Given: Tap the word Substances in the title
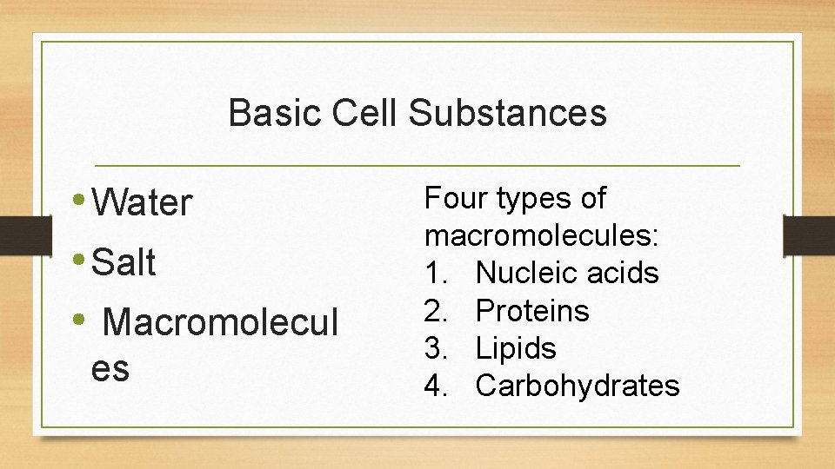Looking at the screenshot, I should pyautogui.click(x=508, y=114).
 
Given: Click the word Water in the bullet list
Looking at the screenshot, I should pyautogui.click(x=141, y=203).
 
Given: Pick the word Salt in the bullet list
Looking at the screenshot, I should pyautogui.click(x=124, y=262).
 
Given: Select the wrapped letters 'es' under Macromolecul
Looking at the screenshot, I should pyautogui.click(x=110, y=369).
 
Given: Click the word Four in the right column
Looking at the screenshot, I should pyautogui.click(x=456, y=199).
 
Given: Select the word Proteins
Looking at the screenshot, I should pyautogui.click(x=532, y=311).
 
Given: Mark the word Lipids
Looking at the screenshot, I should pyautogui.click(x=516, y=349).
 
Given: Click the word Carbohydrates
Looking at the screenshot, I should pyautogui.click(x=578, y=386).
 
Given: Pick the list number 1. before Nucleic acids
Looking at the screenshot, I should pyautogui.click(x=437, y=274).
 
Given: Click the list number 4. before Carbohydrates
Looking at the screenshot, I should pyautogui.click(x=437, y=386).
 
